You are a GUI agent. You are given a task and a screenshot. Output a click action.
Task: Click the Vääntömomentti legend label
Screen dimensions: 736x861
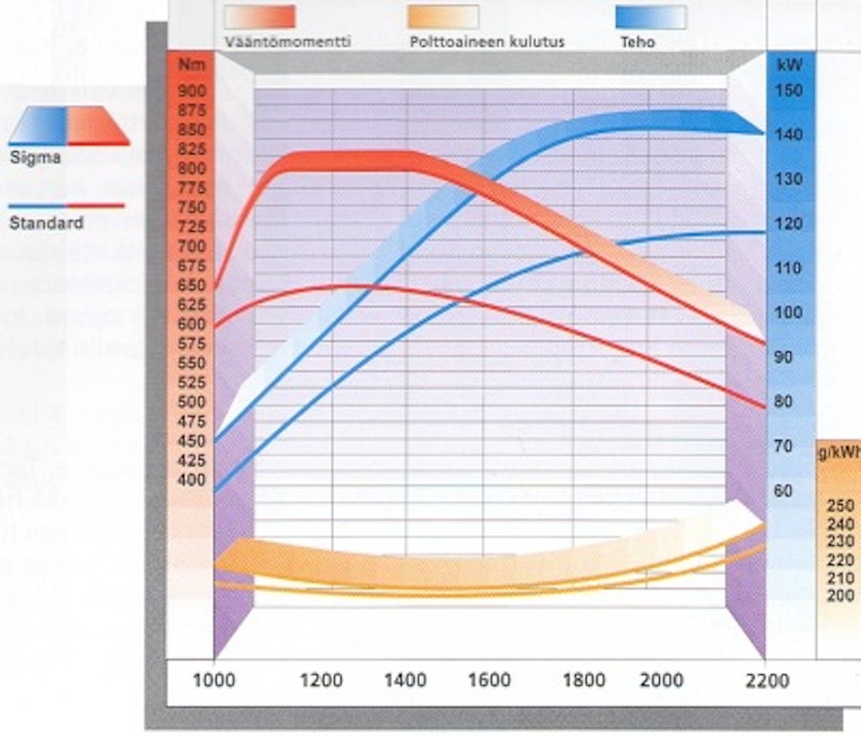pyautogui.click(x=288, y=41)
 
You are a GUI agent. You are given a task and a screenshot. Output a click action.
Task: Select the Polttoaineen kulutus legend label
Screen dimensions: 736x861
pyautogui.click(x=486, y=41)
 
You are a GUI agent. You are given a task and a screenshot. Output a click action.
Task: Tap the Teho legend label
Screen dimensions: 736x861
pyautogui.click(x=638, y=41)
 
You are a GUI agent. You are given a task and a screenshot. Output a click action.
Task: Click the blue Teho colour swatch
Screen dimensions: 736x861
pyautogui.click(x=650, y=17)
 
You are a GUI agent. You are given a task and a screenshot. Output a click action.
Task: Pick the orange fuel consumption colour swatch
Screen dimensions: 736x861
pyautogui.click(x=443, y=17)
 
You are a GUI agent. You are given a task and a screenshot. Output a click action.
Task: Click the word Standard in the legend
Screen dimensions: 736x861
pyautogui.click(x=46, y=224)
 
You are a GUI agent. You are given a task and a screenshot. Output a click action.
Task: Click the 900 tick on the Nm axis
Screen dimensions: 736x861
pyautogui.click(x=193, y=91)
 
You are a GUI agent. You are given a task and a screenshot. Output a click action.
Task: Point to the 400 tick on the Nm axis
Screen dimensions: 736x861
pyautogui.click(x=193, y=480)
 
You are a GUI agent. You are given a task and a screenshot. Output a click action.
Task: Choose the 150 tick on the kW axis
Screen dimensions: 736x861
pyautogui.click(x=790, y=91)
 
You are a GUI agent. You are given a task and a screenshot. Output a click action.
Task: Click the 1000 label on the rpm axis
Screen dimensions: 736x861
pyautogui.click(x=215, y=681)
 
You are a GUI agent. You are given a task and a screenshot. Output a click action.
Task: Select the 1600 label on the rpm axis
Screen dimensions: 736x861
pyautogui.click(x=490, y=681)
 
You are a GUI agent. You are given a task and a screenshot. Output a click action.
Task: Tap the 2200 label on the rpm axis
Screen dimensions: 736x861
pyautogui.click(x=768, y=681)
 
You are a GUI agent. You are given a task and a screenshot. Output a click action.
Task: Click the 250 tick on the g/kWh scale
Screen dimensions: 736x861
pyautogui.click(x=841, y=506)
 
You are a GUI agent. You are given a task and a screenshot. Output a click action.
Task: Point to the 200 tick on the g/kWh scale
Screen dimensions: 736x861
pyautogui.click(x=841, y=596)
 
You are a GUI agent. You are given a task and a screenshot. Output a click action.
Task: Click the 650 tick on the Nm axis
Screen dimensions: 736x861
pyautogui.click(x=193, y=285)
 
